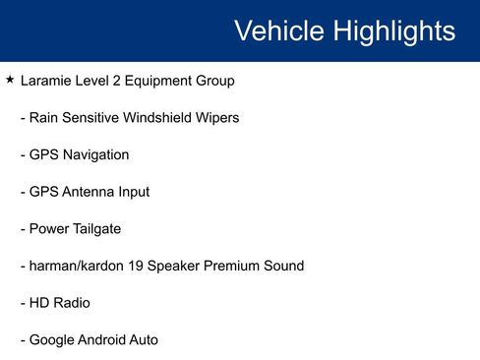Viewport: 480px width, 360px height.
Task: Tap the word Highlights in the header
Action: (393, 30)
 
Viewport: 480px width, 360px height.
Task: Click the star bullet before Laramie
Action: (10, 79)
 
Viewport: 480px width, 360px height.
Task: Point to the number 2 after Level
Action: (124, 80)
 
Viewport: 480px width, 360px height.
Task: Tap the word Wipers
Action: (216, 117)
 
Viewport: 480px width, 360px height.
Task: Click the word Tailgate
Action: (94, 229)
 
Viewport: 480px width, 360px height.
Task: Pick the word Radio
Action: (73, 303)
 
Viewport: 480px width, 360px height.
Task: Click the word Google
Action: (53, 340)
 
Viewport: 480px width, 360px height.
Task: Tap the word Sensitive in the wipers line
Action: (90, 117)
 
